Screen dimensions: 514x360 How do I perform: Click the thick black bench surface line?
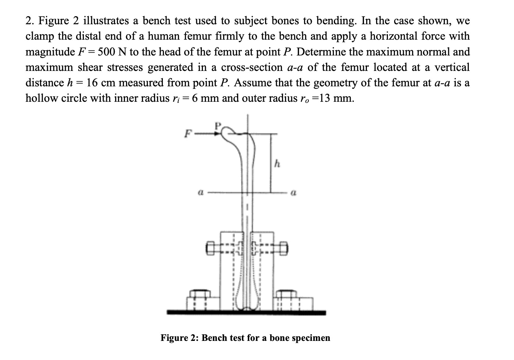(246, 313)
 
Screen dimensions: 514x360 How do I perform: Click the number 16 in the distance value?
(92, 83)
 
